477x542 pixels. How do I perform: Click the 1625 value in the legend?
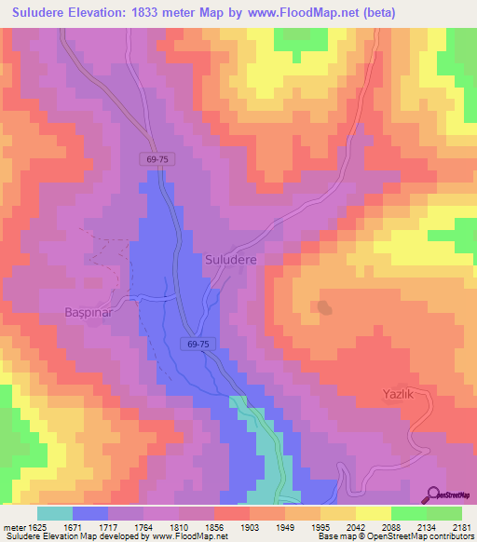coord(36,527)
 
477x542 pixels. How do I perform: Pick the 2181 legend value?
coord(460,527)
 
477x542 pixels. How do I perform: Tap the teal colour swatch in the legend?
coord(54,513)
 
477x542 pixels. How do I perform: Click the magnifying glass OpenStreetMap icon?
coord(433,495)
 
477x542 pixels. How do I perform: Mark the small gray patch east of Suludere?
coord(323,306)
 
